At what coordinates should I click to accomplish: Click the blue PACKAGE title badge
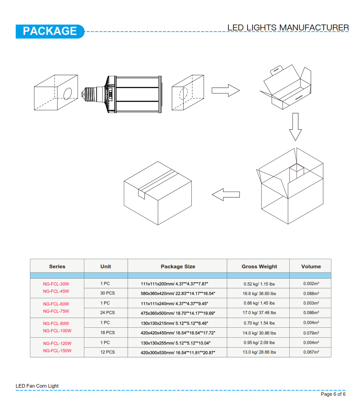(x=50, y=31)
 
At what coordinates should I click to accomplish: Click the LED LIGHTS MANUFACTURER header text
(x=288, y=27)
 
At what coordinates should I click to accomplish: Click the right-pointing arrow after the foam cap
(x=226, y=90)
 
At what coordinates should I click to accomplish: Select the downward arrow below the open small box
(x=296, y=127)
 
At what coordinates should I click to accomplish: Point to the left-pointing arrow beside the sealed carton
(x=226, y=195)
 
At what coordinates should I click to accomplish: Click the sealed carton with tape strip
(x=158, y=193)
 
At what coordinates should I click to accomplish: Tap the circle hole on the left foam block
(x=68, y=94)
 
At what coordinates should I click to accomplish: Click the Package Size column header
(x=178, y=266)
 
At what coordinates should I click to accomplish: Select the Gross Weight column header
(x=259, y=266)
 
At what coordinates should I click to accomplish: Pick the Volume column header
(x=311, y=266)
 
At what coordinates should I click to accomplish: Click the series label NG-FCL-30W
(x=56, y=284)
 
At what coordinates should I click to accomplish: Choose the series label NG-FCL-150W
(x=57, y=351)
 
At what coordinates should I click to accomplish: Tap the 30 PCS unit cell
(x=107, y=293)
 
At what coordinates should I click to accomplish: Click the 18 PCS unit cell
(x=107, y=333)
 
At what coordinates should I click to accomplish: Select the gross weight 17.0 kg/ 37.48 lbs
(x=259, y=313)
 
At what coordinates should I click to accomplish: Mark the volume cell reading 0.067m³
(x=311, y=352)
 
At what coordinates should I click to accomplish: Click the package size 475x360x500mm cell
(x=178, y=313)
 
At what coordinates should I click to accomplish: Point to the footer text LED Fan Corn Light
(x=37, y=386)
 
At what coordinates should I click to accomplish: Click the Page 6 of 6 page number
(x=333, y=394)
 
